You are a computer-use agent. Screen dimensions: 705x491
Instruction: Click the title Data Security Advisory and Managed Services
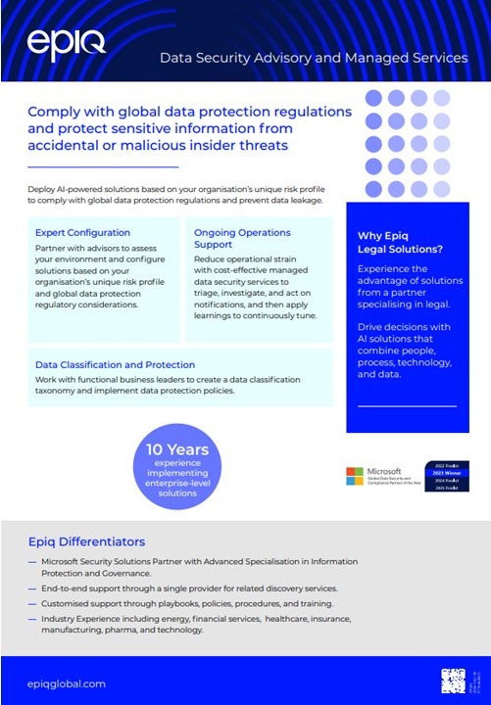pos(314,58)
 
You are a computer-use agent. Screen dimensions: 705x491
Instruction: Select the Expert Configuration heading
pos(82,233)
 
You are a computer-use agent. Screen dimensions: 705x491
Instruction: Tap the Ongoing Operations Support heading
pos(242,238)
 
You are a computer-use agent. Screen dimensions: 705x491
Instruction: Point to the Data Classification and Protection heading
pos(115,364)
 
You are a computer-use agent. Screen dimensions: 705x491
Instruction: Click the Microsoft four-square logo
pos(355,476)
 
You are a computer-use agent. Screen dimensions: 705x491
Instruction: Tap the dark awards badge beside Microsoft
pos(419,476)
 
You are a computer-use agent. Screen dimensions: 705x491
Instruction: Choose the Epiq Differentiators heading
pos(87,541)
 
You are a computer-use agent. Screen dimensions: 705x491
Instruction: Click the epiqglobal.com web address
pos(67,683)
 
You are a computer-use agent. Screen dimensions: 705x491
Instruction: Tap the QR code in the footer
pos(453,681)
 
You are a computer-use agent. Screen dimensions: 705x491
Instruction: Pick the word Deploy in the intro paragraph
pos(43,187)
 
